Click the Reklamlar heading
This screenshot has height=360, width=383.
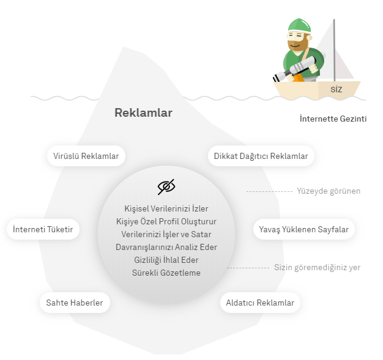click(x=143, y=112)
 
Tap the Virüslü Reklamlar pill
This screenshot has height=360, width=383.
click(x=86, y=156)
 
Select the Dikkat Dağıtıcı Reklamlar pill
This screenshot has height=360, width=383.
click(x=261, y=156)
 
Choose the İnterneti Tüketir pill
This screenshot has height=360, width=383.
click(x=43, y=229)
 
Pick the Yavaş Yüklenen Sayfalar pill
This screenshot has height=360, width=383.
click(x=304, y=229)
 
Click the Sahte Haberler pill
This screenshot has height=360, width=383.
click(x=75, y=303)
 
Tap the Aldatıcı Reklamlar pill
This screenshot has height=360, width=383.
click(x=260, y=303)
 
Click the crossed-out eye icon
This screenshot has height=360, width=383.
click(x=166, y=186)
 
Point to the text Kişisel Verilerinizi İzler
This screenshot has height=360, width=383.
click(x=166, y=208)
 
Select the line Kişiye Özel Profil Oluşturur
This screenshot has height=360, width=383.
click(x=166, y=222)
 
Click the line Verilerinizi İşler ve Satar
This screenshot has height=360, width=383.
click(x=166, y=234)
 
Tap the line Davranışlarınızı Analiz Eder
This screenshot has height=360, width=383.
click(x=166, y=247)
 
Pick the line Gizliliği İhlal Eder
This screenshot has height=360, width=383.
click(x=166, y=260)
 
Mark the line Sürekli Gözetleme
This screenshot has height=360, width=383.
click(x=166, y=273)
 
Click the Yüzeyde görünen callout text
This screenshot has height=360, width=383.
click(x=329, y=191)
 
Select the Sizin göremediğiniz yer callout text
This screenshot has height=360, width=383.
click(x=318, y=268)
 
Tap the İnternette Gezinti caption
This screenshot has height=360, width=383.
click(x=333, y=119)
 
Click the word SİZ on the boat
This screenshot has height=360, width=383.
click(x=337, y=89)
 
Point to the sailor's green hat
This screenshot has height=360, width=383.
click(x=299, y=26)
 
